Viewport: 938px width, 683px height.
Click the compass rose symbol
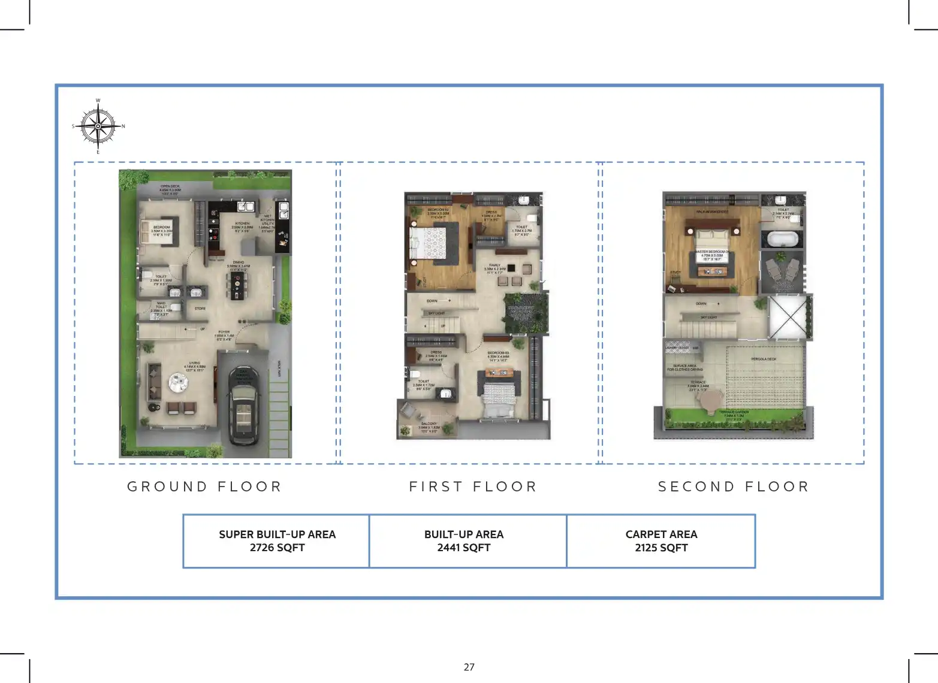click(x=98, y=126)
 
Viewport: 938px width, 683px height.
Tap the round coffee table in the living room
click(x=177, y=382)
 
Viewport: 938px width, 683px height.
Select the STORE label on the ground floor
click(x=200, y=309)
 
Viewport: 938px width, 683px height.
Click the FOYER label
click(x=224, y=334)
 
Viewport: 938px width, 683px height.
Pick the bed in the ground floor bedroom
click(x=149, y=231)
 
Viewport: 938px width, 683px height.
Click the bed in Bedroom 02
click(x=427, y=244)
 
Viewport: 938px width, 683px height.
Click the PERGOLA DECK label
click(x=763, y=359)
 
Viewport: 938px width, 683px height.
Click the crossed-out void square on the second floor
click(x=788, y=317)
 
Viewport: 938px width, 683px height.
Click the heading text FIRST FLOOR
click(x=473, y=486)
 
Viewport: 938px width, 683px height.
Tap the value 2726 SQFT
click(x=277, y=548)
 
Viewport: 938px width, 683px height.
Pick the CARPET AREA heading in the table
click(x=661, y=534)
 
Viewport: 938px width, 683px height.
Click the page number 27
click(x=469, y=667)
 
